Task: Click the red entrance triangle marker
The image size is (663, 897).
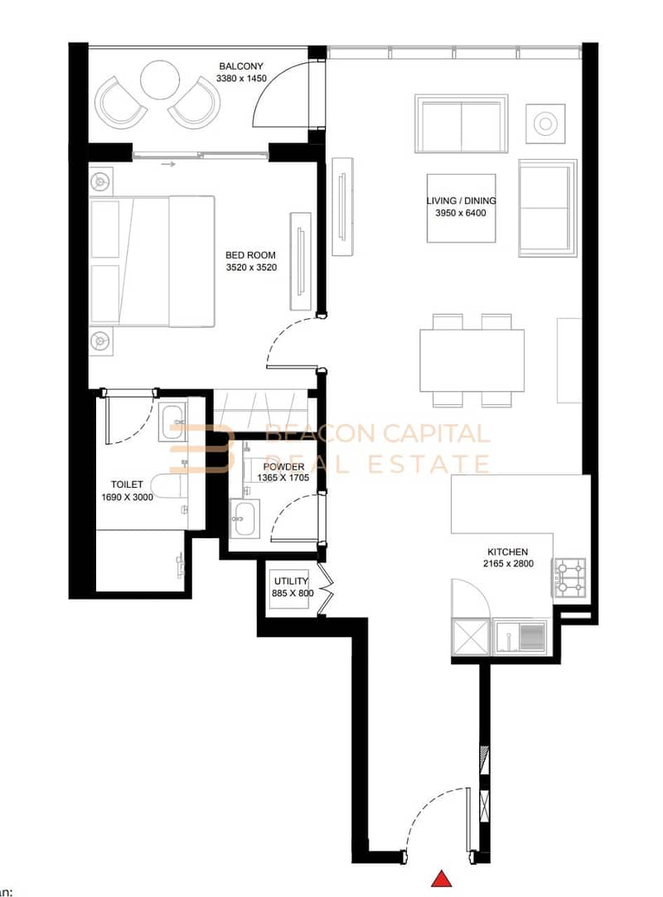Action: pyautogui.click(x=442, y=879)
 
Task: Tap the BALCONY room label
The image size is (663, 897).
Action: pyautogui.click(x=241, y=66)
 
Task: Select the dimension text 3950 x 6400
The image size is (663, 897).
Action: pyautogui.click(x=460, y=213)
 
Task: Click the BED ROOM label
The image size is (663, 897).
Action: pyautogui.click(x=250, y=255)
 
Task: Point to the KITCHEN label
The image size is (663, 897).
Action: pyautogui.click(x=507, y=552)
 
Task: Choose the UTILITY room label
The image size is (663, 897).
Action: pyautogui.click(x=291, y=581)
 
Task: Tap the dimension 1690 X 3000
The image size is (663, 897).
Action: pyautogui.click(x=127, y=497)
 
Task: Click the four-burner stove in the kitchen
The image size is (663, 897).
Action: pyautogui.click(x=569, y=578)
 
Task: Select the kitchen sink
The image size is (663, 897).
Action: pyautogui.click(x=520, y=636)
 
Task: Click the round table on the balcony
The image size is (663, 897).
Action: pyautogui.click(x=160, y=80)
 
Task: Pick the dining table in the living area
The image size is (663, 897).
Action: pyautogui.click(x=472, y=360)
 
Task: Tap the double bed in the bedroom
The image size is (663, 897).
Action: pyautogui.click(x=152, y=262)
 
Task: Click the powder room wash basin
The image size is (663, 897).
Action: pyautogui.click(x=244, y=518)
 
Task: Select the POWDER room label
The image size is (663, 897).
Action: pyautogui.click(x=284, y=467)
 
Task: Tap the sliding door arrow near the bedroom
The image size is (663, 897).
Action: pyautogui.click(x=167, y=165)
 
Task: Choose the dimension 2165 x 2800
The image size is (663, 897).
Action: pyautogui.click(x=508, y=563)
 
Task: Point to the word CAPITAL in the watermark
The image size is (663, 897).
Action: pyautogui.click(x=436, y=434)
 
